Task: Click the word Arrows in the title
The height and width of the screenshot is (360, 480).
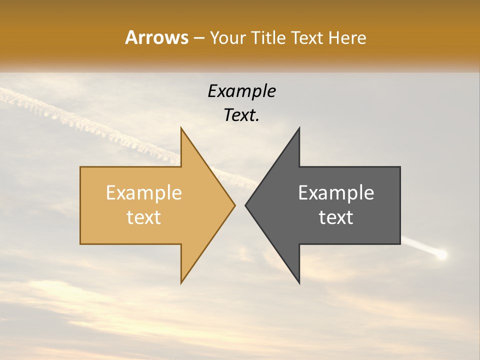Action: [156, 37]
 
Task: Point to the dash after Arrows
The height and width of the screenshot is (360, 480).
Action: [198, 38]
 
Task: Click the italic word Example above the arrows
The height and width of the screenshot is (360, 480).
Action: [241, 91]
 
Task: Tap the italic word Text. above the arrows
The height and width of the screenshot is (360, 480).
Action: [241, 115]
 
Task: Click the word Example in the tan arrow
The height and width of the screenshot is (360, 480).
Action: [143, 193]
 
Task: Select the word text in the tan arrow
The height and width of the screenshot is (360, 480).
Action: [143, 217]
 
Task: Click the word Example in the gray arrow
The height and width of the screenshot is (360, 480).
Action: [336, 193]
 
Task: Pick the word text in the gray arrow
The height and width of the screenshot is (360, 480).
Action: [336, 217]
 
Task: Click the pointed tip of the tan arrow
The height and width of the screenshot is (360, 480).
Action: [234, 205]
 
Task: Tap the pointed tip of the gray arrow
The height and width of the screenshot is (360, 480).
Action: [246, 205]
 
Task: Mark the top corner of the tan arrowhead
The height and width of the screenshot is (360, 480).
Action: [181, 128]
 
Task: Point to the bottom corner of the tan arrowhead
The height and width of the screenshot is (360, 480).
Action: [181, 282]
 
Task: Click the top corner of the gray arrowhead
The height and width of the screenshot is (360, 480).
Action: [299, 128]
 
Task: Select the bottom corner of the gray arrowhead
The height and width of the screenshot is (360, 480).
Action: [299, 282]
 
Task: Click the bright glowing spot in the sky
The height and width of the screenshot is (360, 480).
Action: [441, 255]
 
